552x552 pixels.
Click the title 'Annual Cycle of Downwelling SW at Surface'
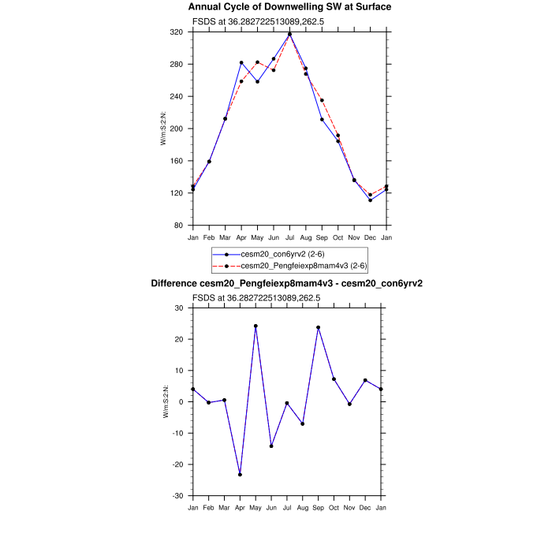[289, 7]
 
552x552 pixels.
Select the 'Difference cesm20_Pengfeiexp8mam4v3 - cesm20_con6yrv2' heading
[289, 283]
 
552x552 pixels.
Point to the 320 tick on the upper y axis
[177, 32]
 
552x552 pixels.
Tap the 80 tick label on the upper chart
[178, 226]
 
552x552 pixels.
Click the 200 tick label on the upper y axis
[177, 129]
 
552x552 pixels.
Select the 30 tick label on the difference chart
[179, 308]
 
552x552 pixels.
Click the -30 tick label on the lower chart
[177, 496]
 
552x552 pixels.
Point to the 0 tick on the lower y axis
[181, 402]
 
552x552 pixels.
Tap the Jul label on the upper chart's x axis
[289, 237]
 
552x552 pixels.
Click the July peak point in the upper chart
[289, 34]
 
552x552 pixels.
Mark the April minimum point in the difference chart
[241, 475]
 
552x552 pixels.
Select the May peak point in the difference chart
[256, 326]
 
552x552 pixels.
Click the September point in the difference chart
[319, 327]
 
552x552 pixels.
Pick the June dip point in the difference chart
[272, 446]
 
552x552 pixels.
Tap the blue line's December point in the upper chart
[370, 200]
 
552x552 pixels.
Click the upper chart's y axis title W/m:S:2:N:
[163, 129]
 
